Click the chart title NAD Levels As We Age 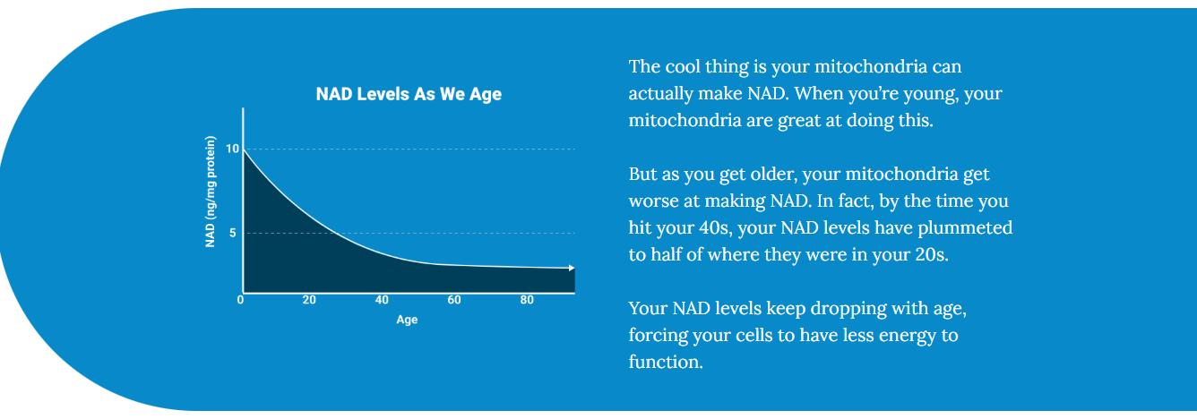click(409, 94)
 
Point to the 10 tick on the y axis click(233, 149)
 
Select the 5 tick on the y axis click(233, 234)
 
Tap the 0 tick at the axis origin click(240, 299)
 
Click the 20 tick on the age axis click(309, 299)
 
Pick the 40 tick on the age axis click(382, 299)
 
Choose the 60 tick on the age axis click(454, 299)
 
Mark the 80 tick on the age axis click(527, 299)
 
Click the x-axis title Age click(407, 320)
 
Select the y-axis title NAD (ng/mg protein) click(211, 191)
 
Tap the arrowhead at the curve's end click(571, 268)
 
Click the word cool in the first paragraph click(685, 67)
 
